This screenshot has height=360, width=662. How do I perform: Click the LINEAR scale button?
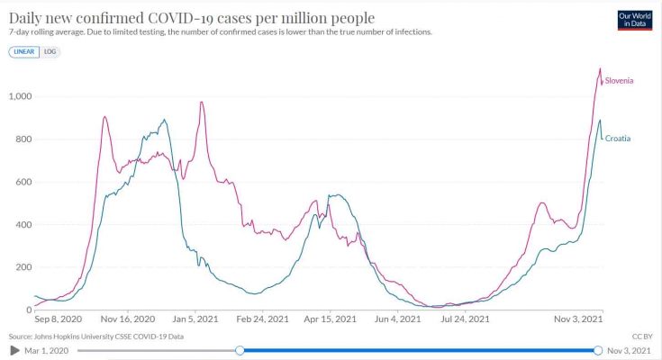click(x=25, y=52)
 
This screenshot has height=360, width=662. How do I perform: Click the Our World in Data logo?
click(x=634, y=20)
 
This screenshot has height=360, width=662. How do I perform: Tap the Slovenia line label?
click(x=619, y=81)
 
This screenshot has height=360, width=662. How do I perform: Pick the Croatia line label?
click(x=617, y=139)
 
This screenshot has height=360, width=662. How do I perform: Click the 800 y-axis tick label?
click(x=23, y=139)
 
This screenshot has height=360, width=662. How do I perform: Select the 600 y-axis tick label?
click(x=23, y=182)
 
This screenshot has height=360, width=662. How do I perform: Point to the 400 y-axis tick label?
click(x=23, y=225)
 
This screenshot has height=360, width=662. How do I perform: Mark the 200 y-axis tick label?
click(x=23, y=267)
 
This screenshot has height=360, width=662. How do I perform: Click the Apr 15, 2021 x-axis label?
click(x=331, y=319)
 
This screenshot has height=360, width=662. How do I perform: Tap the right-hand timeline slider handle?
click(x=598, y=350)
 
